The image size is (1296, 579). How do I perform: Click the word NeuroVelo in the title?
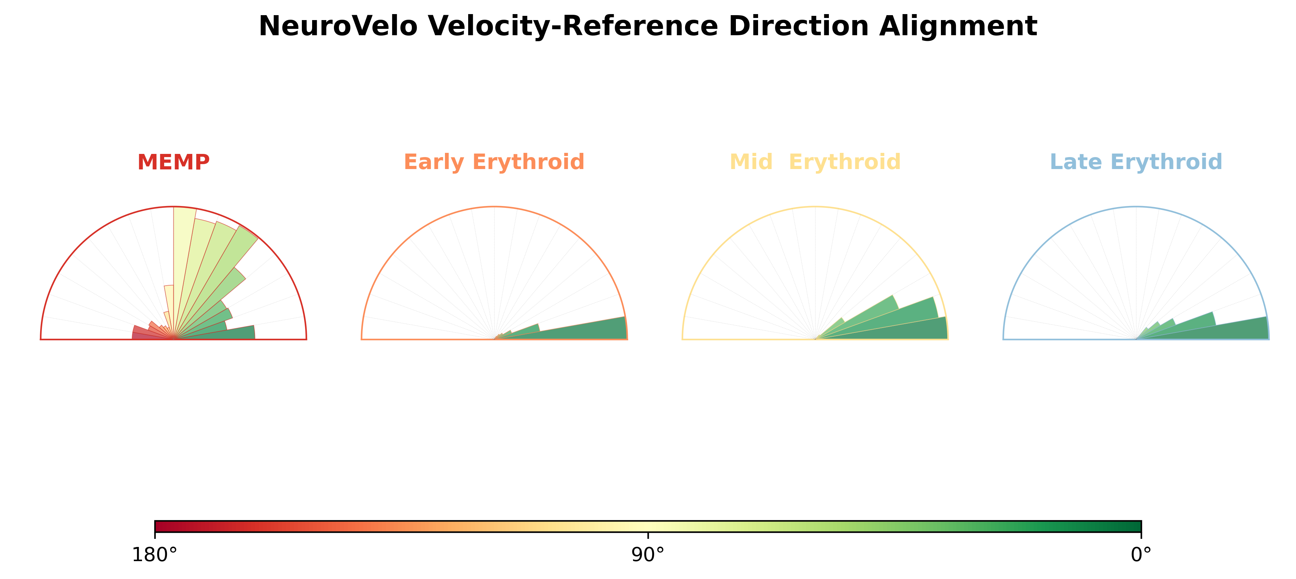click(337, 26)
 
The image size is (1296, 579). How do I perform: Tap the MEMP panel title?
click(174, 162)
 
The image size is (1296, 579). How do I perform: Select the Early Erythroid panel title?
click(494, 162)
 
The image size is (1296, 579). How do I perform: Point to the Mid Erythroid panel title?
click(815, 162)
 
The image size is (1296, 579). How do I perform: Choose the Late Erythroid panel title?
click(1136, 162)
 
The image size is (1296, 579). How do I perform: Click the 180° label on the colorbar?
click(154, 555)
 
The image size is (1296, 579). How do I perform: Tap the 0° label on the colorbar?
click(1141, 555)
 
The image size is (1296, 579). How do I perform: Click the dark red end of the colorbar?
click(157, 527)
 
